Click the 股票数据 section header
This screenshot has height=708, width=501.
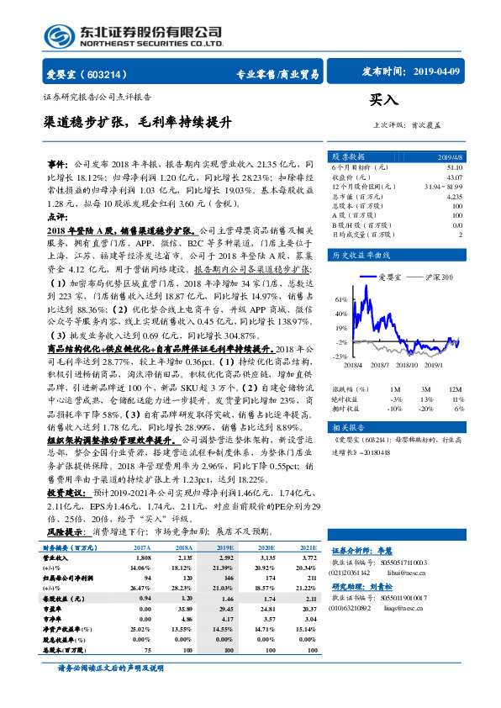click(347, 156)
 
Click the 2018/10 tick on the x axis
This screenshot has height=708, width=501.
click(405, 364)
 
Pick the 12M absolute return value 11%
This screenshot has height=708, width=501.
click(457, 399)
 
